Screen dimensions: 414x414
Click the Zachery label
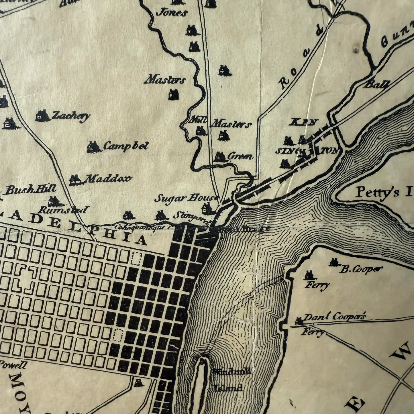(x=70, y=116)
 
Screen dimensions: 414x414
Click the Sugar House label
(x=185, y=198)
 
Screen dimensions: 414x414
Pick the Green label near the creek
(x=240, y=156)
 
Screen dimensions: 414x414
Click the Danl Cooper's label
(x=334, y=317)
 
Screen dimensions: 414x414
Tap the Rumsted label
(x=62, y=210)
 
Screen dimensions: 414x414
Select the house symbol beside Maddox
(x=75, y=180)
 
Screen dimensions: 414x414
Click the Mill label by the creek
(x=198, y=121)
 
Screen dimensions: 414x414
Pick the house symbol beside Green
(x=220, y=156)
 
